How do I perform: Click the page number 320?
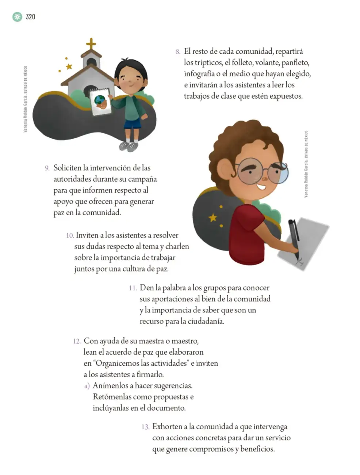pyautogui.click(x=30, y=17)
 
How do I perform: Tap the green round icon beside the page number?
pyautogui.click(x=17, y=17)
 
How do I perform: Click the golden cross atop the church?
pyautogui.click(x=91, y=44)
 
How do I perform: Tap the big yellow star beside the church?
pyautogui.click(x=69, y=66)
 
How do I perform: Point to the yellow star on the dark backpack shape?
pyautogui.click(x=213, y=217)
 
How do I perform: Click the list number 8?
pyautogui.click(x=178, y=52)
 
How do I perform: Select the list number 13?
pyautogui.click(x=145, y=427)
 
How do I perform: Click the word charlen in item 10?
pyautogui.click(x=177, y=246)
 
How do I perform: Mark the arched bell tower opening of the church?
pyautogui.click(x=91, y=62)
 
